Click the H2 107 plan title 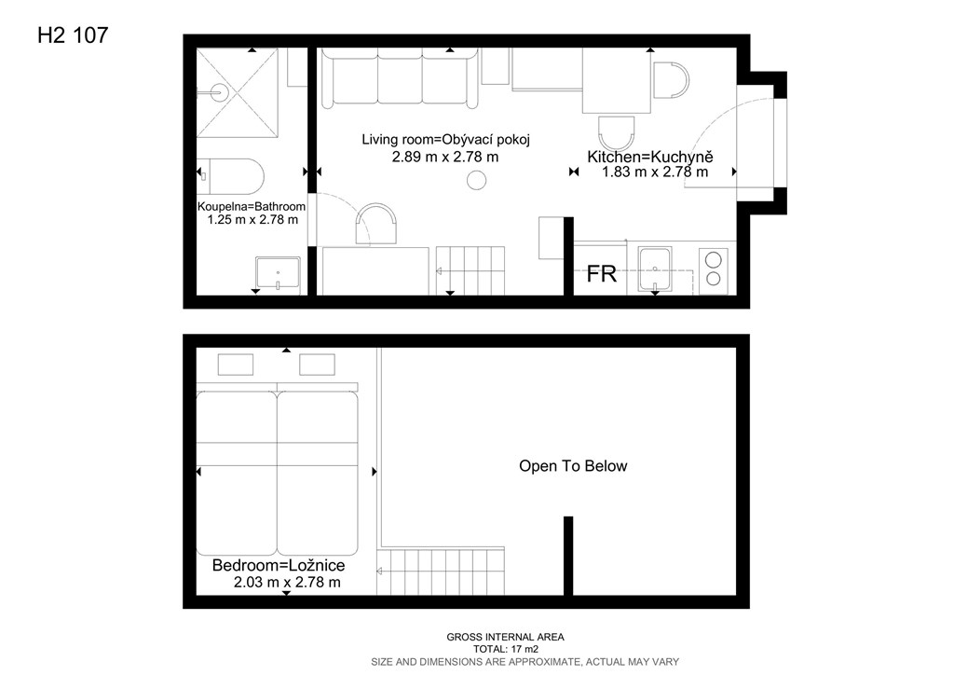tap(73, 35)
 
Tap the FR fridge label tap(601, 274)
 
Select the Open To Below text tap(573, 466)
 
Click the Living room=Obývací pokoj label tap(446, 140)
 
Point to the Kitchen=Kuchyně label tap(649, 157)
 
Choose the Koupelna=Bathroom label tap(252, 206)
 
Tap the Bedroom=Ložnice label tap(279, 565)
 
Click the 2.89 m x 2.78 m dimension tap(445, 157)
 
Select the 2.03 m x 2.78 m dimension tap(287, 583)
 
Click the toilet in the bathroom tap(231, 176)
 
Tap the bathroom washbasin tap(278, 272)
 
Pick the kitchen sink tap(655, 269)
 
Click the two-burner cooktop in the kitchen tap(713, 269)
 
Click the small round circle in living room tap(476, 180)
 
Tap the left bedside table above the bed tap(236, 365)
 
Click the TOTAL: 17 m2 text tap(506, 650)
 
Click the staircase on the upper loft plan tap(441, 571)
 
